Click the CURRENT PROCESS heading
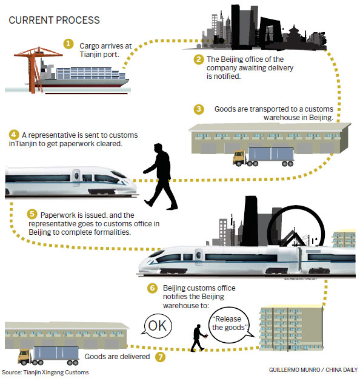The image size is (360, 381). coord(54,20)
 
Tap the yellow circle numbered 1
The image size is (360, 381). coord(68,44)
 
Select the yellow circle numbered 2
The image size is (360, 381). coord(199,59)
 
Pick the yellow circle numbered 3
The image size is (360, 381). coord(199,109)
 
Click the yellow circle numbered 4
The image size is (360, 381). coord(14,134)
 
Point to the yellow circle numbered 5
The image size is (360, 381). coord(32,214)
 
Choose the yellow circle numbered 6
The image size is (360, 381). coord(152,288)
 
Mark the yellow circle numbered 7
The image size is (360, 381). coord(160,357)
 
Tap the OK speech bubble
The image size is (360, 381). coord(158,326)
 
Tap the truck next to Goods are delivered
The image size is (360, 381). coord(48,356)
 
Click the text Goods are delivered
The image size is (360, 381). coord(117,357)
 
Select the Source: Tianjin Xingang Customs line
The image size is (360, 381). coord(45,373)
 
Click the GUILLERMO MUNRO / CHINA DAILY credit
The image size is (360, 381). coord(313,370)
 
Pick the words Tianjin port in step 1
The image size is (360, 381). coord(99,54)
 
